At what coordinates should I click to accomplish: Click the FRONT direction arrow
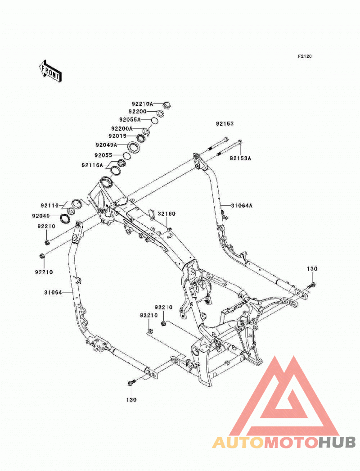(50, 71)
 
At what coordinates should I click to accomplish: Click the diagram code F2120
(305, 56)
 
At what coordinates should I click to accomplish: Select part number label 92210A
(142, 104)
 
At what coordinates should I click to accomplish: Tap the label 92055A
(130, 120)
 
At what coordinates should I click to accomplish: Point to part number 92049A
(106, 145)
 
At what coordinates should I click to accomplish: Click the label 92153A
(240, 159)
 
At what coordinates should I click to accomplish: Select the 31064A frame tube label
(242, 206)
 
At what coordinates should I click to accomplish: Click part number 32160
(166, 214)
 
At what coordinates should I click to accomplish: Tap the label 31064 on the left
(53, 292)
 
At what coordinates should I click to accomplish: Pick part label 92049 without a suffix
(41, 216)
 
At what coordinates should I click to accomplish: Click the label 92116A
(92, 165)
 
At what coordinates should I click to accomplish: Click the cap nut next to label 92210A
(166, 105)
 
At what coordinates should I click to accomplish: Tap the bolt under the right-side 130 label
(312, 285)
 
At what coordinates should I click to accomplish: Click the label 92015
(117, 136)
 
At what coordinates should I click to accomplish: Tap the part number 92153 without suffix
(225, 123)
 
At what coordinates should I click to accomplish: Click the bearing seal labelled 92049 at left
(65, 218)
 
